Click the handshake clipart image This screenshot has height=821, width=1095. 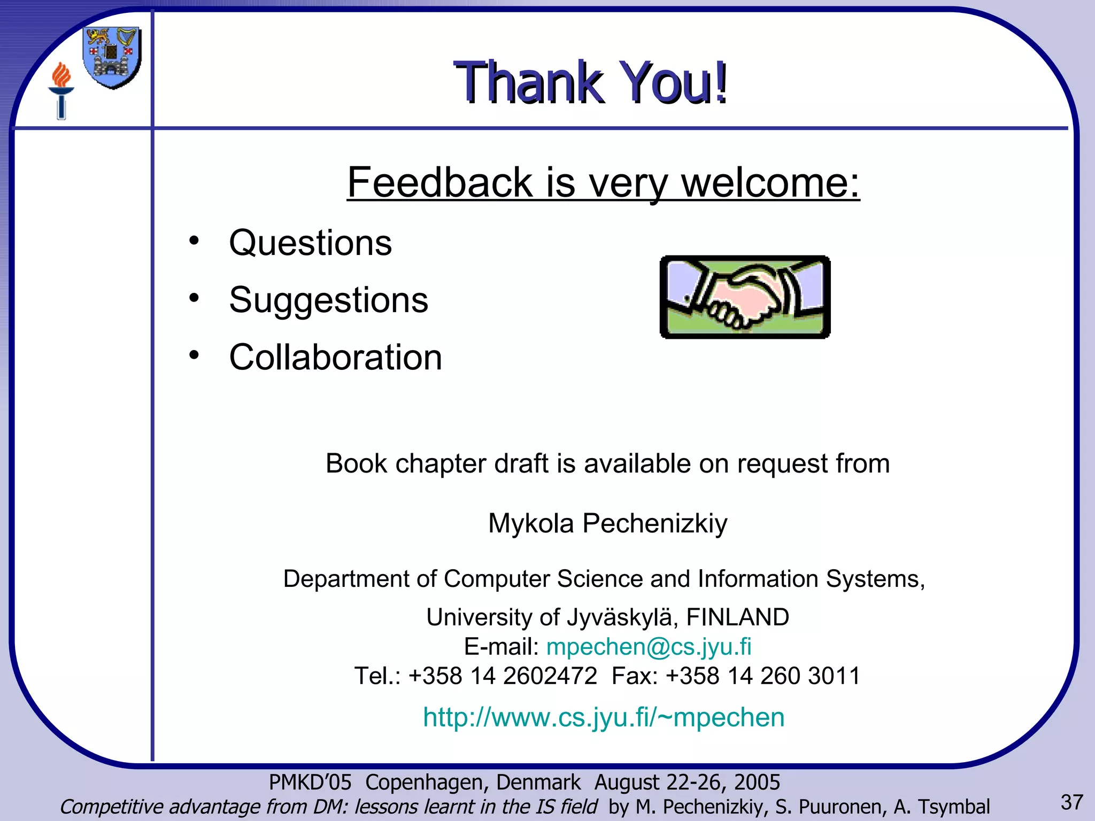point(745,297)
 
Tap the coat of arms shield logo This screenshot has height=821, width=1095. point(112,57)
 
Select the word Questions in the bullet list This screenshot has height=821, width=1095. point(310,243)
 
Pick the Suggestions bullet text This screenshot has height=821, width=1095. point(328,300)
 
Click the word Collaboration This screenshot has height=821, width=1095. point(335,357)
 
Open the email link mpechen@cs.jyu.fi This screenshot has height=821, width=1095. point(649,647)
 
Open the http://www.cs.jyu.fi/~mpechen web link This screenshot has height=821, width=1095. point(603,717)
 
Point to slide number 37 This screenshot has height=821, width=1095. point(1071,802)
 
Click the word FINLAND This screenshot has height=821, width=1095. point(737,617)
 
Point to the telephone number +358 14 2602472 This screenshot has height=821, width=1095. point(502,676)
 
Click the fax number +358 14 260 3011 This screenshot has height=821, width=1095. point(762,676)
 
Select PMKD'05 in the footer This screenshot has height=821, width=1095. point(310,783)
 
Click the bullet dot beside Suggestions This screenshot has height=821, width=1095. point(194,298)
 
